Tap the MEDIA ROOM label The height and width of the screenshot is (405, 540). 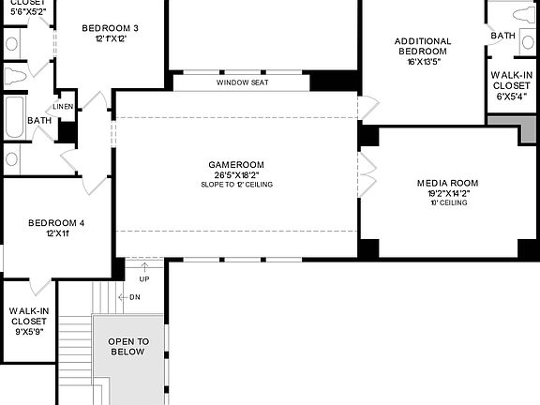pos(447,183)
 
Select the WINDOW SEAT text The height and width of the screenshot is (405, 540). pos(242,82)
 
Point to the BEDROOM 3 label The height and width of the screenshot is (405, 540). pos(111,28)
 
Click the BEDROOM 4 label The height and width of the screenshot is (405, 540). pos(56,223)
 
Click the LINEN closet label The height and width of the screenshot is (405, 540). pos(64,107)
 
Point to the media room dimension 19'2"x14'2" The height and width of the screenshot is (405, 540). pos(447,193)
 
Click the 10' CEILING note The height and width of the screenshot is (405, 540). pos(447,202)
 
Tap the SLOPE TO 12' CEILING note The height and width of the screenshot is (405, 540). pos(236,185)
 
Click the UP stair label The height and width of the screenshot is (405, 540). pos(143,279)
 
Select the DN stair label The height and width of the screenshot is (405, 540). pos(134,297)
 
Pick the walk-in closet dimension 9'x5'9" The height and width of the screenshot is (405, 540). pos(28,331)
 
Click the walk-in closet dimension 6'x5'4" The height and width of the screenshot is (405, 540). pos(511,96)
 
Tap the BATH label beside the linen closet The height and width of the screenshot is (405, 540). pos(39,121)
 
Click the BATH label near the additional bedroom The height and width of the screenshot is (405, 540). pos(502,36)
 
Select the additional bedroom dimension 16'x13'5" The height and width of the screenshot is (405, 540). pos(423,61)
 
